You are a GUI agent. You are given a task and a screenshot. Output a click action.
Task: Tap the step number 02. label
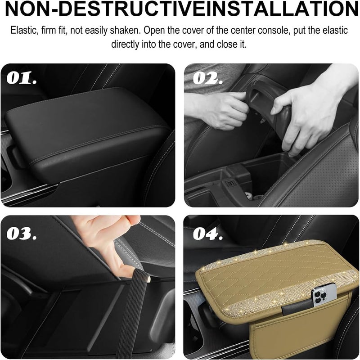click(x=208, y=80)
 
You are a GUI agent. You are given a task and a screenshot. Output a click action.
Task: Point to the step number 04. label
click(x=208, y=234)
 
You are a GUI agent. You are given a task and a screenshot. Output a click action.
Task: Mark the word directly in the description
click(x=127, y=45)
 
